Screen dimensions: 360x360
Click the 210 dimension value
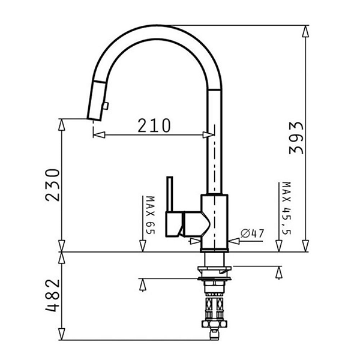[x=154, y=125]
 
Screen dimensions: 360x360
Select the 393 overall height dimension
[x=296, y=138]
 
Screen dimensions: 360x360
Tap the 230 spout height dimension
[x=52, y=185]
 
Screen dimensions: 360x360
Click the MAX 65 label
[x=151, y=215]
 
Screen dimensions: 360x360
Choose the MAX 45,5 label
[x=286, y=208]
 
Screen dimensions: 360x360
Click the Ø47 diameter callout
[x=253, y=233]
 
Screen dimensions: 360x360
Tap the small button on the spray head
[x=106, y=106]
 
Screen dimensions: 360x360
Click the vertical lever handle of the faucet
[x=170, y=194]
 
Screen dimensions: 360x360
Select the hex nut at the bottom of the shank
[x=214, y=324]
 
